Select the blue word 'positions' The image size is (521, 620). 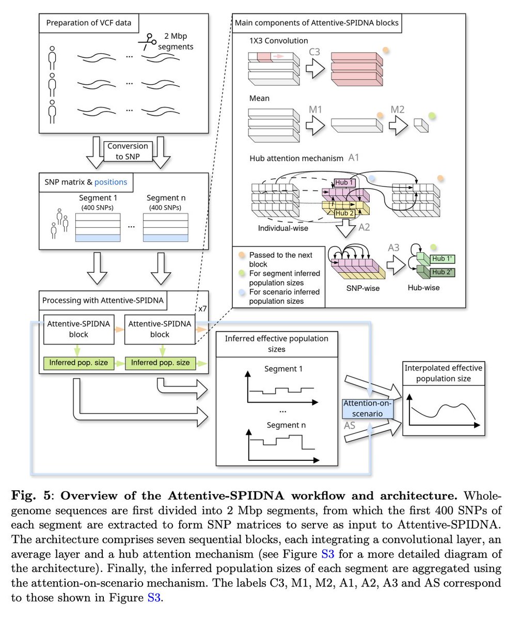110,182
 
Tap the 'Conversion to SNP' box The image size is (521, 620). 128,151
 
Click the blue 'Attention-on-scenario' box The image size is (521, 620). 368,408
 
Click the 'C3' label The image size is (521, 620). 314,52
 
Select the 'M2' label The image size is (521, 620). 397,109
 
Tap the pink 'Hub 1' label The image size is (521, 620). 344,182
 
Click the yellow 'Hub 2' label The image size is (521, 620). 344,213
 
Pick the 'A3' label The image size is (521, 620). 393,247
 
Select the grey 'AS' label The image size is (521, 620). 350,426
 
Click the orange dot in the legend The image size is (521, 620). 241,255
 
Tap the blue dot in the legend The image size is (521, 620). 241,292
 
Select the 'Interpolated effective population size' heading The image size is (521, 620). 443,373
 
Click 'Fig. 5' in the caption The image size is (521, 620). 31,496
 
